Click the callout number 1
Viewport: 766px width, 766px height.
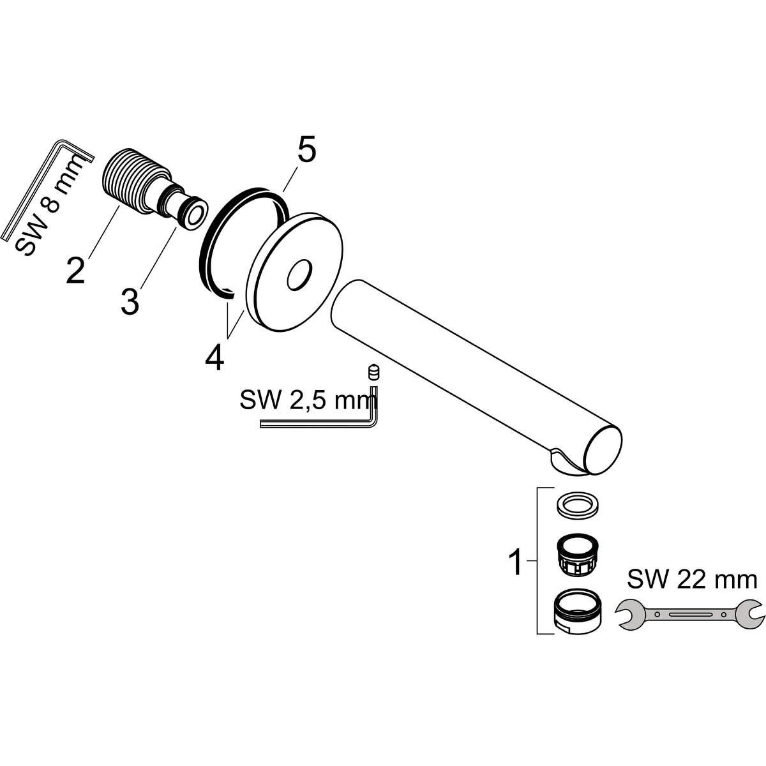(x=515, y=564)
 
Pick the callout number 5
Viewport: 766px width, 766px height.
(x=306, y=152)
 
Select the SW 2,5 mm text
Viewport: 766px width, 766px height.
(x=306, y=401)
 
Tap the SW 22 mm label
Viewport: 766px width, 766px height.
(x=692, y=580)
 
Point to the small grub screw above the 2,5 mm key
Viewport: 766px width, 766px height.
(x=372, y=372)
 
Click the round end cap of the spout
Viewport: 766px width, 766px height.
(x=602, y=449)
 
